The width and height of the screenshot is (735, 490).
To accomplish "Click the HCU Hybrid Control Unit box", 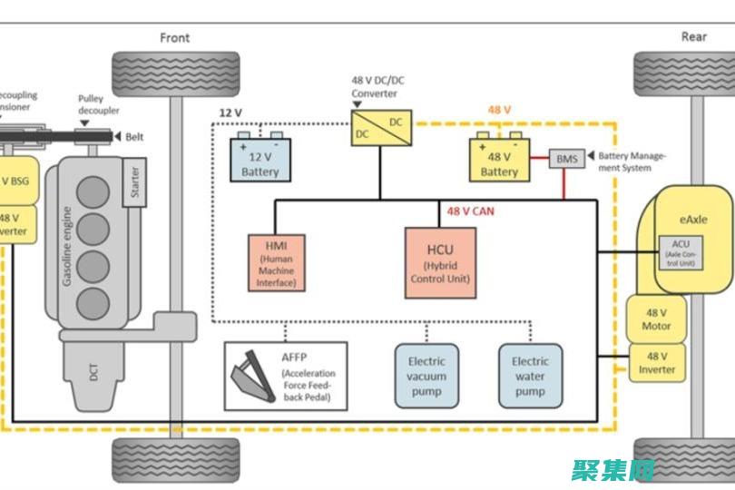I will (x=440, y=262).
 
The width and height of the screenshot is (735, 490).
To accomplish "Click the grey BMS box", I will (x=567, y=159).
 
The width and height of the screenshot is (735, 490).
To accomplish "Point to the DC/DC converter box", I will (x=382, y=128).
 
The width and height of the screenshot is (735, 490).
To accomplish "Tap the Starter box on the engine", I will (x=134, y=181).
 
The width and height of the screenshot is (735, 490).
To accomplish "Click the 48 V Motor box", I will (x=656, y=318).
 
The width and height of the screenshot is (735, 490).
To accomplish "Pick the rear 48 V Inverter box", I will (x=656, y=362).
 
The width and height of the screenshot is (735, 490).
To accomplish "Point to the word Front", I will (x=175, y=37).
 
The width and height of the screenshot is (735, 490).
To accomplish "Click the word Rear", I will (x=694, y=37).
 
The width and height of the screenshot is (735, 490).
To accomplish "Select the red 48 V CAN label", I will (x=469, y=211).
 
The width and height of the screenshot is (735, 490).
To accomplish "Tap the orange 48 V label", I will (x=500, y=110).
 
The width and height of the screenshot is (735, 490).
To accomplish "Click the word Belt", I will (x=134, y=136).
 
